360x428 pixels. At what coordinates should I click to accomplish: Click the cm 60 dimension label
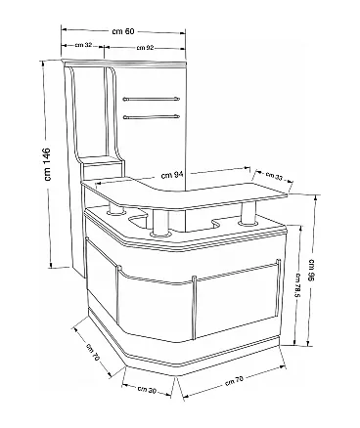point(123,31)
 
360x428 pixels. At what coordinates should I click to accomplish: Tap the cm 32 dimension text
point(83,45)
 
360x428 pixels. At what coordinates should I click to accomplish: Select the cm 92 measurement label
point(145,48)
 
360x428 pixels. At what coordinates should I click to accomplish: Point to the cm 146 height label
point(47,164)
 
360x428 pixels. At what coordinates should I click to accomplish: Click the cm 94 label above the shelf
point(172,175)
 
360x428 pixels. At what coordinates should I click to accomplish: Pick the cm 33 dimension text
point(274,176)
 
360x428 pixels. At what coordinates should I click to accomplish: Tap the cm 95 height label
point(311,270)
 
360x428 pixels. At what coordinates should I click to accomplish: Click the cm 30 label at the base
point(147,389)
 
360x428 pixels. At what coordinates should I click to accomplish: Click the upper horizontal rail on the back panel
point(151,99)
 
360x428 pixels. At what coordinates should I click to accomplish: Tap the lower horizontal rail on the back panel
point(151,116)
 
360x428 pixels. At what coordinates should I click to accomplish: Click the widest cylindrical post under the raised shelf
point(160,223)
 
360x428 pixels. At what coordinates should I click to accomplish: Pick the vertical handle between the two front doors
point(195,308)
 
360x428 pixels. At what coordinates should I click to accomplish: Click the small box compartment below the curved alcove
point(101,169)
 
